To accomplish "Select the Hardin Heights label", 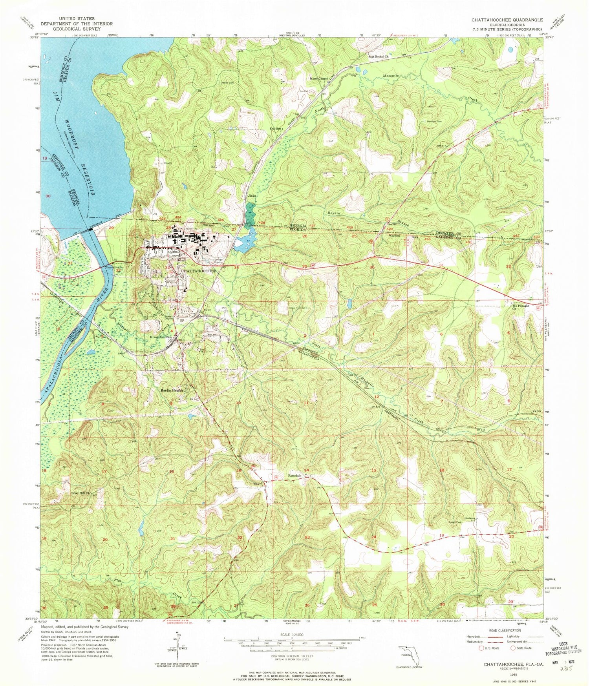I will [x=171, y=390].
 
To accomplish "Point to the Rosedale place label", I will [x=295, y=476].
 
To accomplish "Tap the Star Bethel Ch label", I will [x=378, y=57].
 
